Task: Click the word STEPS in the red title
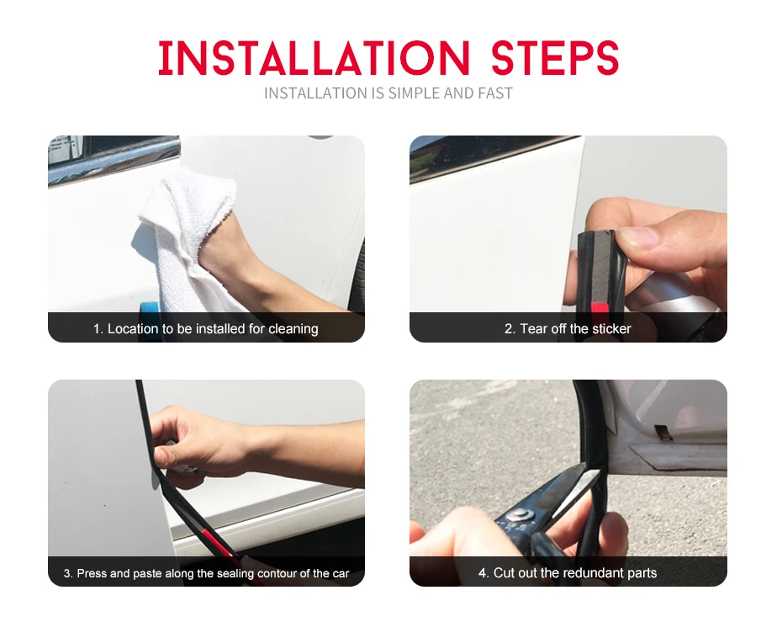click(x=555, y=58)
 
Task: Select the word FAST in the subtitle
click(x=495, y=93)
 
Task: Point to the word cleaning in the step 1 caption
click(x=293, y=329)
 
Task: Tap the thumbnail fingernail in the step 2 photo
click(x=637, y=237)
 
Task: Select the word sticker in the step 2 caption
click(x=612, y=329)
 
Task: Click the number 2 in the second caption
click(x=508, y=329)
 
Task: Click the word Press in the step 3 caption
click(x=92, y=573)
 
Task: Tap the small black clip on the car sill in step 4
click(x=663, y=433)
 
